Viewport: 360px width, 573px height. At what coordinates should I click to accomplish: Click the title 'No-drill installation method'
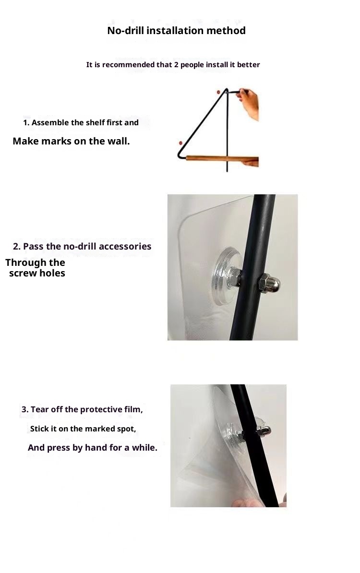(176, 30)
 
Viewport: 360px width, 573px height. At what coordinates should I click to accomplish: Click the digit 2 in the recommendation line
(177, 65)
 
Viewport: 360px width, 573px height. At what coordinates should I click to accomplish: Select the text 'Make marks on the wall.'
(71, 141)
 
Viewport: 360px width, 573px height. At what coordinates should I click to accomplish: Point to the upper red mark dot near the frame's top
(218, 92)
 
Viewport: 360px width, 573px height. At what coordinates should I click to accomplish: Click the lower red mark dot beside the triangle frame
(180, 143)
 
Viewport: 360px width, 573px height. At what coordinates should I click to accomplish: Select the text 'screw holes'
(37, 273)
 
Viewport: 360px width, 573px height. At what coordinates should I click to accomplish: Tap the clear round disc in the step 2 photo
(224, 275)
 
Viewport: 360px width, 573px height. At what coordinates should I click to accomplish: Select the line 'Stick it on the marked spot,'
(83, 429)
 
